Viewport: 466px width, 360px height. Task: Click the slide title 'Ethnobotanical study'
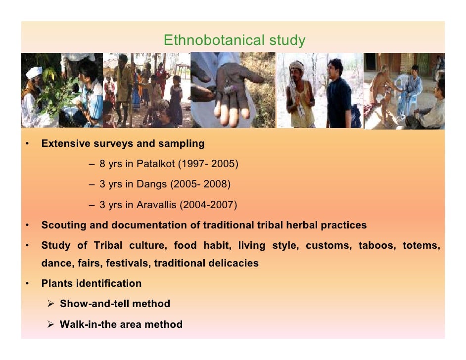tap(234, 40)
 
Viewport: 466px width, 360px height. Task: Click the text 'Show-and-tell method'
tap(115, 304)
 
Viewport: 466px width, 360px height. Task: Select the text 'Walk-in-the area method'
tap(121, 324)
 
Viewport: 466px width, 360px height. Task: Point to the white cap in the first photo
tap(34, 72)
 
